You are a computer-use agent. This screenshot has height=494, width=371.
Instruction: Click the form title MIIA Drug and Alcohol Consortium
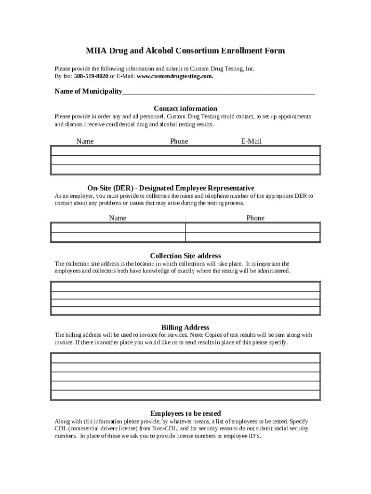click(185, 51)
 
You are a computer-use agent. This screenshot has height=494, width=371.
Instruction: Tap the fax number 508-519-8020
click(91, 77)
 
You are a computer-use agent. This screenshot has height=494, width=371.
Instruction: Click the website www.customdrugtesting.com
click(175, 77)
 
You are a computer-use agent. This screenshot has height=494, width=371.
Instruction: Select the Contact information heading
click(185, 109)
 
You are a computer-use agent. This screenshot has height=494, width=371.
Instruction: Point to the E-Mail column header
click(251, 141)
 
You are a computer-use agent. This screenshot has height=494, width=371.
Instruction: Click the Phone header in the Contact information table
click(179, 141)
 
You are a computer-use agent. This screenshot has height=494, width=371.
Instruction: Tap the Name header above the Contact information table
click(85, 141)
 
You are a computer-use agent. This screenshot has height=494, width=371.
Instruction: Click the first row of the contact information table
click(185, 151)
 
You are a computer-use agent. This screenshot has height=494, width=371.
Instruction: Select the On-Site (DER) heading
click(171, 188)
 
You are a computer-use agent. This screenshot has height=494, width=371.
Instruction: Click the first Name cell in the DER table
click(118, 228)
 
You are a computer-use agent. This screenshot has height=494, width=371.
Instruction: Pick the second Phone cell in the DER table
click(252, 237)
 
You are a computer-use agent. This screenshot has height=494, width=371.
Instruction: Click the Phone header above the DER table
click(255, 218)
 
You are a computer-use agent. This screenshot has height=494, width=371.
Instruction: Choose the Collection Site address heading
click(185, 256)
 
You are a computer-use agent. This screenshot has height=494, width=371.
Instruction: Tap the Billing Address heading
click(185, 327)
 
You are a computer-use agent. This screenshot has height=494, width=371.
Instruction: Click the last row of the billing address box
click(185, 395)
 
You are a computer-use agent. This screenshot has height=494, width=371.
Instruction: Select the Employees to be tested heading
click(185, 413)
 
